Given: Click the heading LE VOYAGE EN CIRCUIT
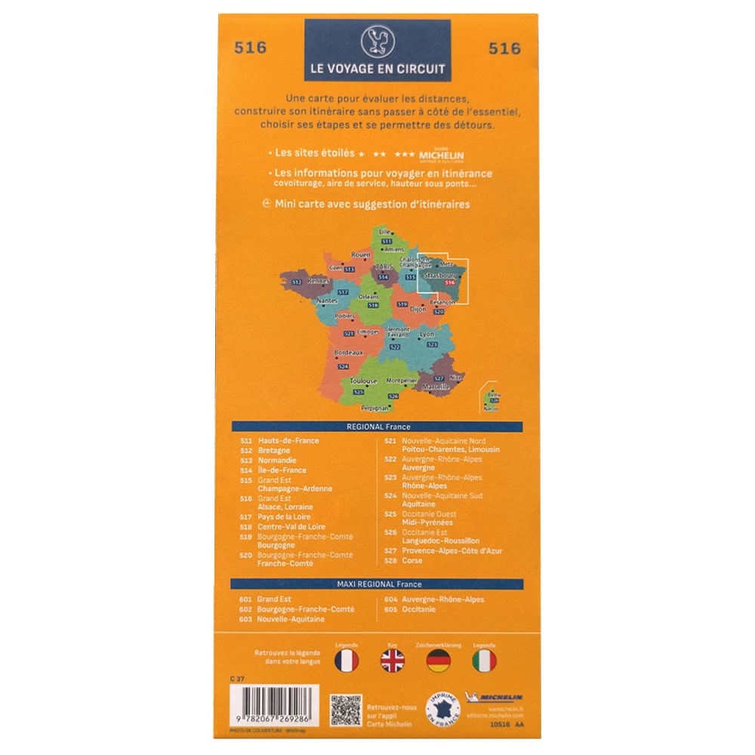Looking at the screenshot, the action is coord(377,68).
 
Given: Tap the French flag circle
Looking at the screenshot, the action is coord(346,661).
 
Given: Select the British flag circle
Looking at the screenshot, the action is coord(392,661).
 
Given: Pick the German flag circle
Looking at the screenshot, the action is coord(439,661).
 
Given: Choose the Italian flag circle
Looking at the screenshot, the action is coord(484,661).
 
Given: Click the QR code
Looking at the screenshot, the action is coord(344,710).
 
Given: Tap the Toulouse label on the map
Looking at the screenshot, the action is coord(363,381).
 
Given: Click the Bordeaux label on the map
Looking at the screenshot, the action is coord(348,353).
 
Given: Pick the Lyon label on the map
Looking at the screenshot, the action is coord(427,334).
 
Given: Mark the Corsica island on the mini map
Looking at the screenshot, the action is coord(493,398).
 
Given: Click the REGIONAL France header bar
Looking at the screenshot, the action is coord(377,427).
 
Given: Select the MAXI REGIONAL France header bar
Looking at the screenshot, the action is coord(377,584).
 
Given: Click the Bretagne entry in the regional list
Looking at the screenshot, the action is coord(273,451).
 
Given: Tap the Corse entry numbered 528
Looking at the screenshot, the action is coord(412,561).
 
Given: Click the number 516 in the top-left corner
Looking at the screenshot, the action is coord(250,48).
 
